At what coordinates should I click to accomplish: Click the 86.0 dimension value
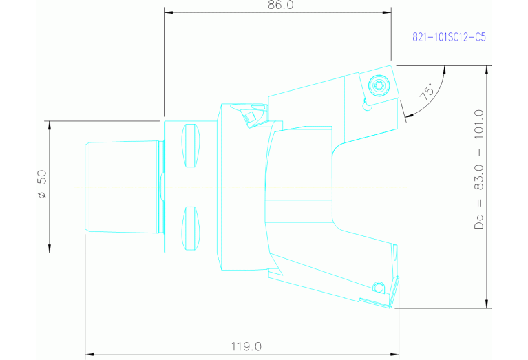click(278, 6)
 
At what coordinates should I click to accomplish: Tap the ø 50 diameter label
click(42, 187)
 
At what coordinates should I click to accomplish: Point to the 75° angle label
click(427, 93)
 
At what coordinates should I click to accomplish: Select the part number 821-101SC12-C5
click(449, 38)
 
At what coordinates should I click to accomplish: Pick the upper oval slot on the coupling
click(191, 146)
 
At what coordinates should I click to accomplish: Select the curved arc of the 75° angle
click(441, 86)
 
